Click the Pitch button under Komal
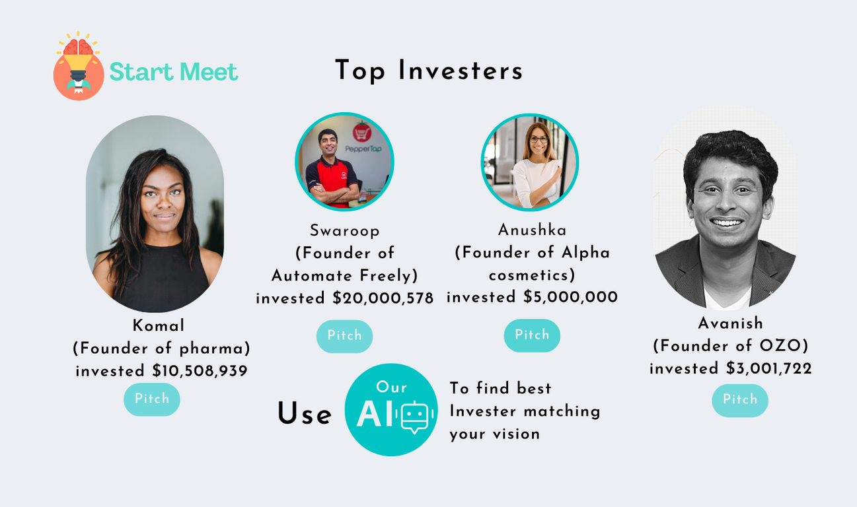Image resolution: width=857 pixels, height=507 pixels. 152,399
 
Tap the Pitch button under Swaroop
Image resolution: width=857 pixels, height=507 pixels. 344,336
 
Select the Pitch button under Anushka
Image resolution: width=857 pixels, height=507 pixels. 532,335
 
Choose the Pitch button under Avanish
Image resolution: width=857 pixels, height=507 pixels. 740,400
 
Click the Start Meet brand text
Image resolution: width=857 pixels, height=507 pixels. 174,72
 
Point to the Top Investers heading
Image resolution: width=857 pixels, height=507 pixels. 429,71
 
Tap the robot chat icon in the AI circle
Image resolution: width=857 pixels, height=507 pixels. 415,417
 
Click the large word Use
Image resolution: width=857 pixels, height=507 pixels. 305,414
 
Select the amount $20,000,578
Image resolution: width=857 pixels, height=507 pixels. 383,298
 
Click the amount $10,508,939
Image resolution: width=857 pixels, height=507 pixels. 200,371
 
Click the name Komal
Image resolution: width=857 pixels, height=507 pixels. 159,325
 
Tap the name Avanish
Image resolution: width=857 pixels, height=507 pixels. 731,323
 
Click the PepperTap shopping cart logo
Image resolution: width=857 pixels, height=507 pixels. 362,132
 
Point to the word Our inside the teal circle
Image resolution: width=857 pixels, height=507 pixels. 391,387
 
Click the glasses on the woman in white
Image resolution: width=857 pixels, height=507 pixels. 539,139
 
